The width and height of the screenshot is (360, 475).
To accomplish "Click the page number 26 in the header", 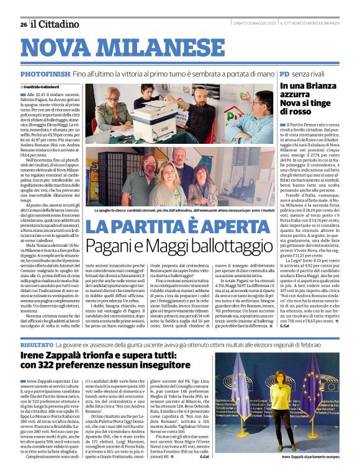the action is tap(23, 24).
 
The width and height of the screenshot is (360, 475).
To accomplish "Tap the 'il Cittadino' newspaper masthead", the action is tap(54, 24).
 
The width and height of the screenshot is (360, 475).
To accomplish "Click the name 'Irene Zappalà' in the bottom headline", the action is tap(50, 355).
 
